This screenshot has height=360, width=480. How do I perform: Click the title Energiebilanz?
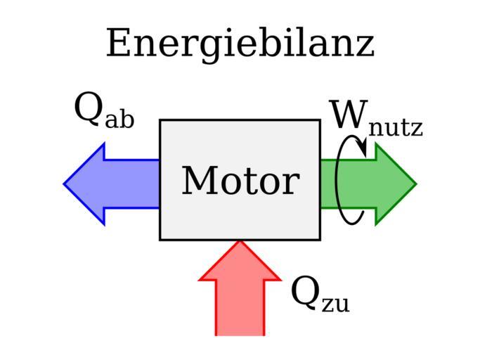click(x=240, y=44)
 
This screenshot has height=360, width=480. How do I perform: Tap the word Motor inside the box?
click(x=240, y=181)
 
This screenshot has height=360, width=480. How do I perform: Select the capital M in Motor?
click(x=198, y=181)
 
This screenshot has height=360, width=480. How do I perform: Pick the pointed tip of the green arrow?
click(x=414, y=184)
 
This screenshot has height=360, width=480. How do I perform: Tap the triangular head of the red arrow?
click(x=240, y=264)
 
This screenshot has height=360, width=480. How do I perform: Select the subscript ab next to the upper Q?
click(x=119, y=119)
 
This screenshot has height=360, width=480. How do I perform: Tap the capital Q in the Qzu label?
click(x=305, y=292)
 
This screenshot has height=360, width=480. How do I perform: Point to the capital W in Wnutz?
click(x=348, y=116)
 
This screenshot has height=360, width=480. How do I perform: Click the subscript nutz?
click(x=396, y=127)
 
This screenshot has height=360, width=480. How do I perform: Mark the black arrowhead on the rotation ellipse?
click(x=361, y=148)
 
